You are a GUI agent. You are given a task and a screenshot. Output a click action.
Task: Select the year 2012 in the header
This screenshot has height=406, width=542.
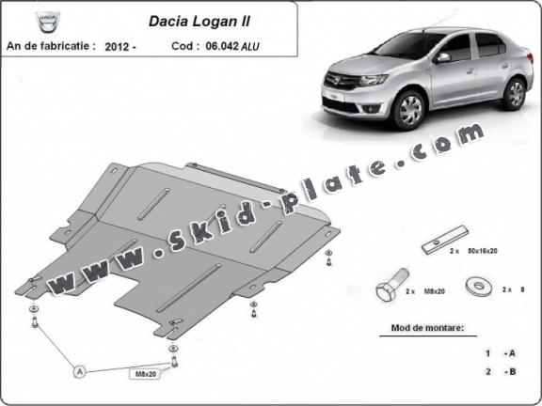click(120, 44)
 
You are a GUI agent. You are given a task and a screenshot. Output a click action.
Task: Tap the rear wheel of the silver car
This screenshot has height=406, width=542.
click(514, 92)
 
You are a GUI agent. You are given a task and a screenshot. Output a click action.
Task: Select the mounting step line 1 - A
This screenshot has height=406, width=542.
click(500, 353)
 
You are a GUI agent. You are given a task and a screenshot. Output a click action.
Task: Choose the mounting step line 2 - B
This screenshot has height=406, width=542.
click(500, 371)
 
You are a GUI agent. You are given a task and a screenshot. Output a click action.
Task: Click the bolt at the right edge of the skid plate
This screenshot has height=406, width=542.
click(327, 256)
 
